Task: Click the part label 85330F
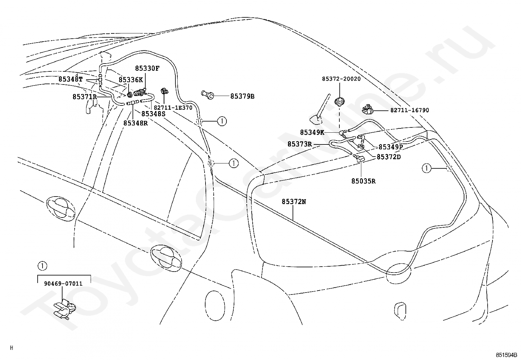147,68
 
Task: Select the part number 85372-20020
341,79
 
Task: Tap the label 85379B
243,96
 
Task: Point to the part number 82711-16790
410,110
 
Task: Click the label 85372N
294,202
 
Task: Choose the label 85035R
363,181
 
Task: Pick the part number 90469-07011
63,284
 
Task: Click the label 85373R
299,144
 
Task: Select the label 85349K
312,132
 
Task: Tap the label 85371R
85,97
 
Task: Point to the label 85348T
70,79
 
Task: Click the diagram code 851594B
506,355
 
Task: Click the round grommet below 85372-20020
340,102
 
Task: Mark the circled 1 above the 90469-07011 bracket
42,266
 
